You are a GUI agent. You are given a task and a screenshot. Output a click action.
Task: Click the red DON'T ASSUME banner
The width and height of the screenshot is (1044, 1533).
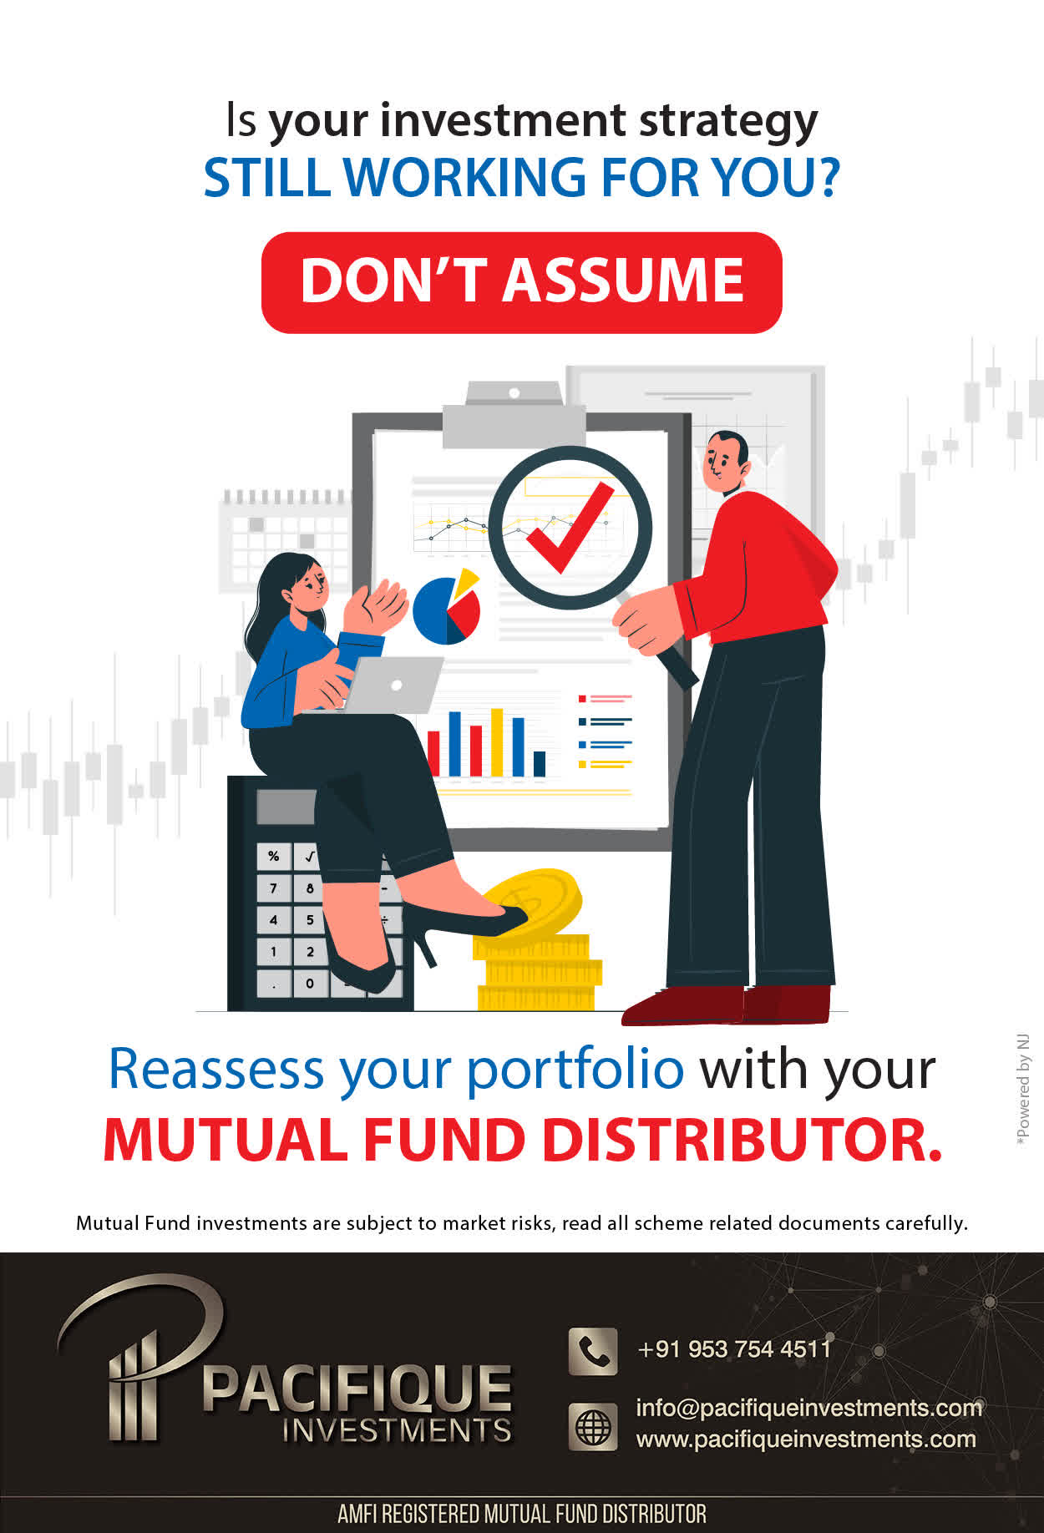point(521,282)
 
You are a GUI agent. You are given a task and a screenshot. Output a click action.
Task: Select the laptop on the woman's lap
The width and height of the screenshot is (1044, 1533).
point(393,686)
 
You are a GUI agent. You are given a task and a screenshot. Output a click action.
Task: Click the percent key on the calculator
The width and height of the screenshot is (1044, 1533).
point(274,857)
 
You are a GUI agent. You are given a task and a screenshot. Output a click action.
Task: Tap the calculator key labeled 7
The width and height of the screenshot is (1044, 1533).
point(274,888)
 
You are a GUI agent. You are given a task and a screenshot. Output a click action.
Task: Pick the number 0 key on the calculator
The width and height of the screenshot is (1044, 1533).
point(310,983)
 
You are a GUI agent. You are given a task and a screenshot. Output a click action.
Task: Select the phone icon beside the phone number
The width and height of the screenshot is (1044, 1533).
point(593,1351)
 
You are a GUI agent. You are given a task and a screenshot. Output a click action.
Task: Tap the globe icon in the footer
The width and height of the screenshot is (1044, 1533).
point(593,1425)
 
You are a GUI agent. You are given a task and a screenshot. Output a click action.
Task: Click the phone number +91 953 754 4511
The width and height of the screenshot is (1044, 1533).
point(734,1349)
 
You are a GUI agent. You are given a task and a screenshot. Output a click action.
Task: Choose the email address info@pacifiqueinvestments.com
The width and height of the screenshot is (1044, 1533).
point(808,1408)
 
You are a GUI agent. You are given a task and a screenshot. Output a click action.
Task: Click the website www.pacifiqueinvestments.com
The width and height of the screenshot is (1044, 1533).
point(806,1439)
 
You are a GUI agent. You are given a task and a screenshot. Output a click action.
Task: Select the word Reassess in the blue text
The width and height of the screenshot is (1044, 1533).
point(216,1069)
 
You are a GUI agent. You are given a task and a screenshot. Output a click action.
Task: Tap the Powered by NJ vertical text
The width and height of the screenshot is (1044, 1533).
point(1022,1090)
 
